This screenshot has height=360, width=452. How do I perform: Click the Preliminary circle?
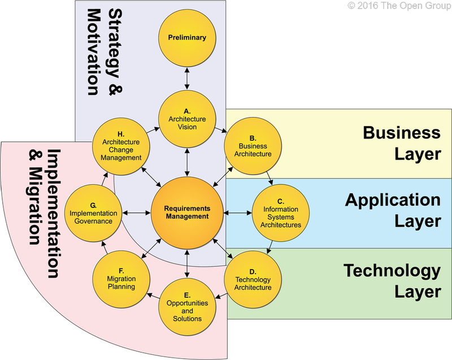point(186,38)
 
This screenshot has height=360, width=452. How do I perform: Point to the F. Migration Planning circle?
point(121,279)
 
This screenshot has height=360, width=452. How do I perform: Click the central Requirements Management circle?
point(186,212)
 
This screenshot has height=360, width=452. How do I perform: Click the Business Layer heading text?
point(401,143)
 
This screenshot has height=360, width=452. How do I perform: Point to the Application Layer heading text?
point(392,210)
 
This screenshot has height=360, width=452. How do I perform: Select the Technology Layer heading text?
point(391,281)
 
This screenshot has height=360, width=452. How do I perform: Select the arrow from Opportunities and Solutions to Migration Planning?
point(154,295)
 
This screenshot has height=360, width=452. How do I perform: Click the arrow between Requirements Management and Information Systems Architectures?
point(238,213)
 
